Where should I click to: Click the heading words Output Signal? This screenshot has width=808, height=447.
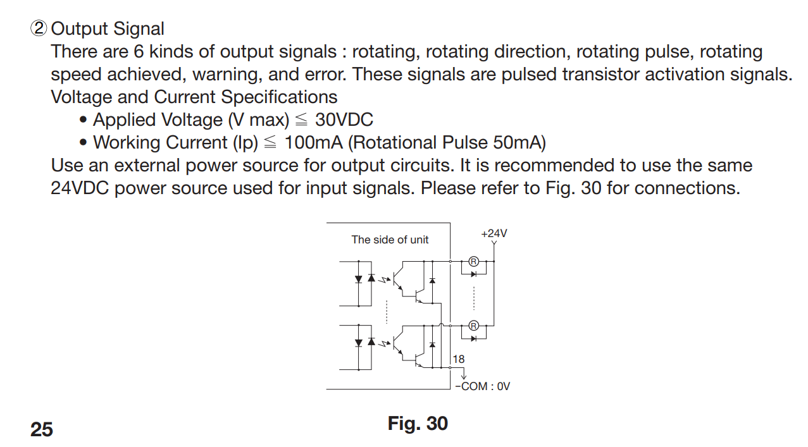point(108,29)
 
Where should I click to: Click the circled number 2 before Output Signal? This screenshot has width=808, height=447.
point(39,29)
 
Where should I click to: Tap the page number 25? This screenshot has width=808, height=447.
point(42,430)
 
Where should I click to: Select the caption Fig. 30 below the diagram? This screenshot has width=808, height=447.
point(418,424)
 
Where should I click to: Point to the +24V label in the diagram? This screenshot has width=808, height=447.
point(494,233)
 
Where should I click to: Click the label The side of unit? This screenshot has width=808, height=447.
point(390,240)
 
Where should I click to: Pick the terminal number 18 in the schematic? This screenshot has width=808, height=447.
point(459,359)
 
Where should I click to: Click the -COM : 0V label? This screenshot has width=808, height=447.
point(483,386)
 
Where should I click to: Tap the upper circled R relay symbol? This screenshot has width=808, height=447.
point(473,260)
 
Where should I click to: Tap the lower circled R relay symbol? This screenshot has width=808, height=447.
point(473,326)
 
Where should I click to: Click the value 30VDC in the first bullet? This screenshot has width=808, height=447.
point(344,120)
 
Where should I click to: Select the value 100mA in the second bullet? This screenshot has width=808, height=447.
point(313,143)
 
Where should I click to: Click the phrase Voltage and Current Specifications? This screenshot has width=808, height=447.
point(194,97)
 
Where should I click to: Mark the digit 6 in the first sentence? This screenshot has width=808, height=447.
point(139,52)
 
